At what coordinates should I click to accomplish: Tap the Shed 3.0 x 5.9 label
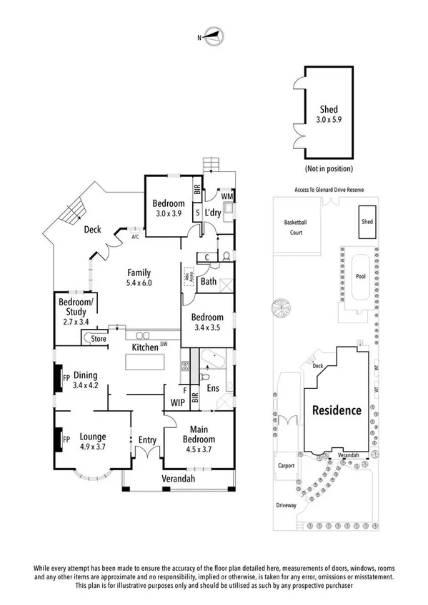[x=329, y=114]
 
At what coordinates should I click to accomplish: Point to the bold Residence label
[x=336, y=411]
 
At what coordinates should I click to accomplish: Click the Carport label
[x=286, y=466]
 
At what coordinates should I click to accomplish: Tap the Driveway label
[x=286, y=504]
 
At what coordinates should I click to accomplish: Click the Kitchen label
[x=145, y=347]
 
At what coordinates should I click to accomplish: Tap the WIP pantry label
[x=177, y=402]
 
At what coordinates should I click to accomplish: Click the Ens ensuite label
[x=212, y=389]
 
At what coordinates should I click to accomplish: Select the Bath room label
[x=209, y=282]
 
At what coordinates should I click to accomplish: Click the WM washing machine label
[x=227, y=196]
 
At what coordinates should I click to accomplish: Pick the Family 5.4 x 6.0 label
[x=139, y=278]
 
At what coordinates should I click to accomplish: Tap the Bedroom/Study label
[x=72, y=307]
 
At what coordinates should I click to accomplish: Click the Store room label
[x=98, y=339]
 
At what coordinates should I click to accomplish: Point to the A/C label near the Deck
[x=134, y=238]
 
